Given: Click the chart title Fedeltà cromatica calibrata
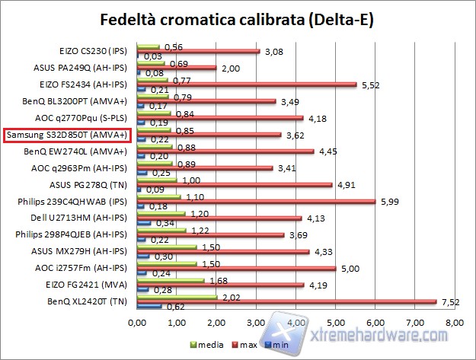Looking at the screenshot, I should click(x=238, y=18).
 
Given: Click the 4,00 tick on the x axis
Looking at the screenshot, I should click(x=296, y=324).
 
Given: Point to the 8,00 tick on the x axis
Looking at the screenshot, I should click(x=454, y=324).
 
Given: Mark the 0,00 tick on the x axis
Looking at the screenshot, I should click(x=138, y=324).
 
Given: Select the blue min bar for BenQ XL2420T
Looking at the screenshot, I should click(x=149, y=307).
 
